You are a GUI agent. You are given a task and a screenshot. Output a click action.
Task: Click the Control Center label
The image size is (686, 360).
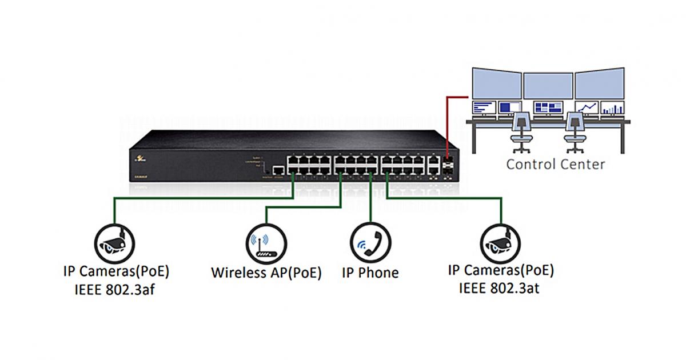(x=555, y=165)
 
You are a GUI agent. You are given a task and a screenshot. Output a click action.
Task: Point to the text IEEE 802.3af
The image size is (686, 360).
(x=115, y=289)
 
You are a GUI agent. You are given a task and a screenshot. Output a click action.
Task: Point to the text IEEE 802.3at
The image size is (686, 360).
(x=501, y=288)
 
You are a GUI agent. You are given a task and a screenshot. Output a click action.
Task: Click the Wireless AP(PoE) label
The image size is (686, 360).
(x=266, y=273)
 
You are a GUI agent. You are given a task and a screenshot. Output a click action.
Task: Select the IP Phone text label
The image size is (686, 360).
(x=370, y=273)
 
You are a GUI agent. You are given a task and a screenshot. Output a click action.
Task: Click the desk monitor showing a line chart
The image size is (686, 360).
(x=587, y=107)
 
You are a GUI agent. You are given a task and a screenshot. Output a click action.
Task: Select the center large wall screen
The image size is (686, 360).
(x=548, y=84)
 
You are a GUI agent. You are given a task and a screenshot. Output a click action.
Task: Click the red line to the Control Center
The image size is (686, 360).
(x=446, y=120)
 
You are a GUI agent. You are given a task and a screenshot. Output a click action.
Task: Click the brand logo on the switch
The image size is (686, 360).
(x=139, y=164)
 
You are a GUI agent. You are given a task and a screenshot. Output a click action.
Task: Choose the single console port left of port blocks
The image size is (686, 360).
(x=278, y=170)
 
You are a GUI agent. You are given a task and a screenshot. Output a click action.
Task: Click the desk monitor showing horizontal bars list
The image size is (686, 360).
(x=483, y=107)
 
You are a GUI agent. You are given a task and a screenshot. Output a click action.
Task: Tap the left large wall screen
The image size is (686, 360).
(x=497, y=84)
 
